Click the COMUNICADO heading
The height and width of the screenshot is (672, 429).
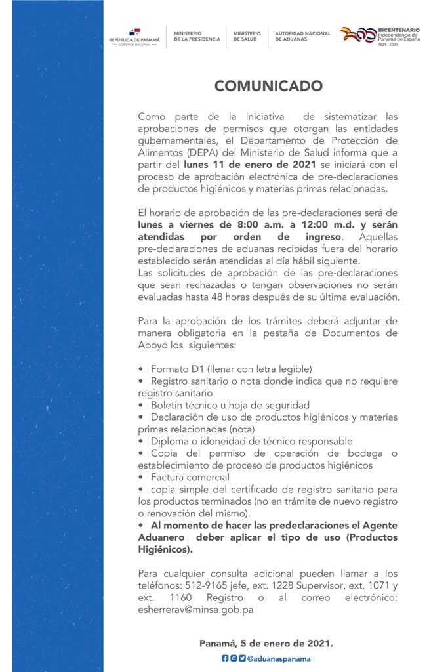[x=268, y=86]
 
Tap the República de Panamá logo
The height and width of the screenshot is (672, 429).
[x=134, y=37]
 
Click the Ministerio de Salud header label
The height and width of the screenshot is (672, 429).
[x=247, y=37]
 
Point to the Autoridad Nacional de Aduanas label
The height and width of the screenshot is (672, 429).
[x=302, y=37]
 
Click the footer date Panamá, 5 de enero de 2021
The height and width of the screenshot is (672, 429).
[x=266, y=644]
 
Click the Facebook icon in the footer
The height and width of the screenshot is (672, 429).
[x=225, y=658]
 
